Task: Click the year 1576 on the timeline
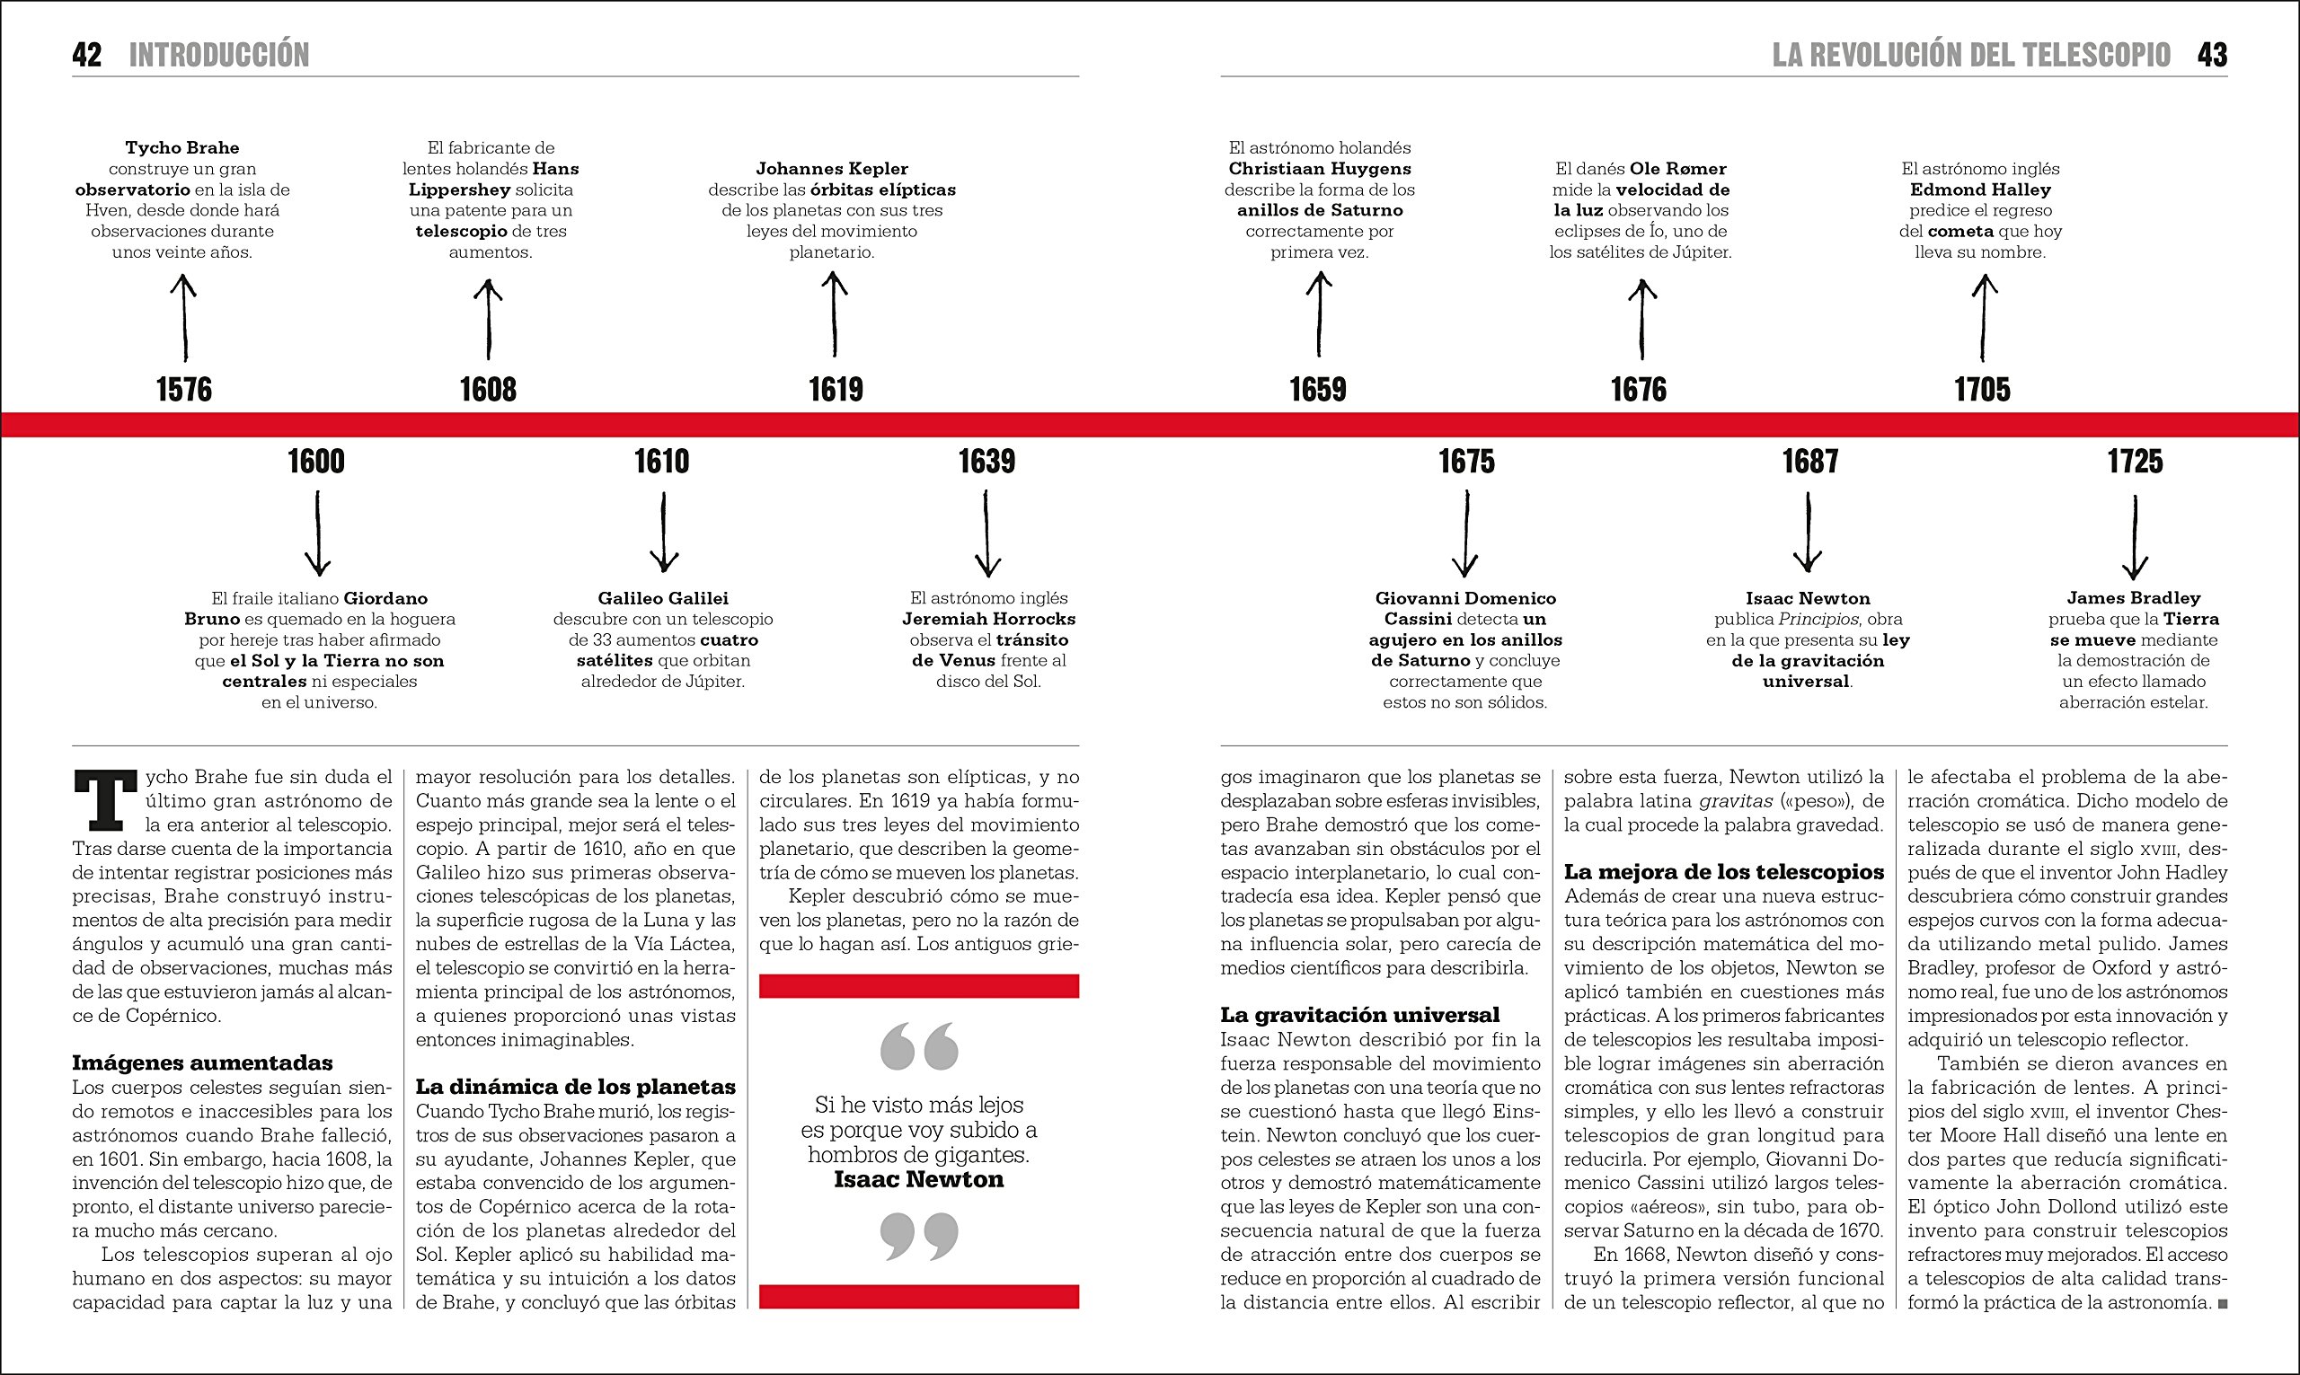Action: click(183, 389)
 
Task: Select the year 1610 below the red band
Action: click(661, 462)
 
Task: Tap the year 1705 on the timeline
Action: click(1982, 389)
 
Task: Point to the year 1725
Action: click(2135, 462)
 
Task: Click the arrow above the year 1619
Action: click(834, 315)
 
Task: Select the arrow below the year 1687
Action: click(1808, 533)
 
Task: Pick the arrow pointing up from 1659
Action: click(1319, 315)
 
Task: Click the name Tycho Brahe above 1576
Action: click(182, 147)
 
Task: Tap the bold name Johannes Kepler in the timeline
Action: click(832, 169)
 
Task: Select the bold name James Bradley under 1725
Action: click(2133, 598)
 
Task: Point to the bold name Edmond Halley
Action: click(1980, 190)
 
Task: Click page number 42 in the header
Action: click(87, 55)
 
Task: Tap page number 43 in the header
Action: click(2212, 55)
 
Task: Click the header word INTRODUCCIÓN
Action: click(218, 55)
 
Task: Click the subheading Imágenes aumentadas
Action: click(203, 1062)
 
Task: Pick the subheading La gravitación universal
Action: click(1359, 1015)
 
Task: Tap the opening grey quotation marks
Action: click(919, 1046)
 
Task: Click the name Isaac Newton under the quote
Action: click(918, 1179)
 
